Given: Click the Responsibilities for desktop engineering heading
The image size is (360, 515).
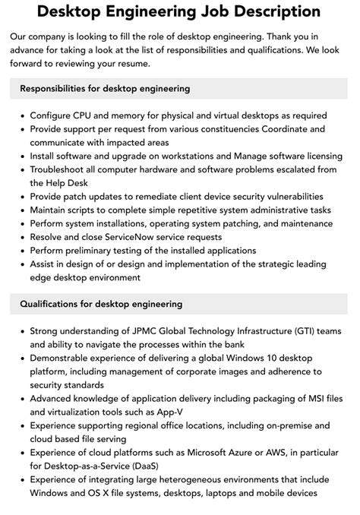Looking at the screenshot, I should click(x=105, y=89).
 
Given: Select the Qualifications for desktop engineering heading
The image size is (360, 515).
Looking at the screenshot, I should click(x=101, y=304).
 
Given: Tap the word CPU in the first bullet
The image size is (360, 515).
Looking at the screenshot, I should click(x=83, y=115).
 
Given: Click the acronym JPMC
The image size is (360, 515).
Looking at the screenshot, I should click(x=141, y=331).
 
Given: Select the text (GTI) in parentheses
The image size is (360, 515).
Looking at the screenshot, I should click(x=303, y=331).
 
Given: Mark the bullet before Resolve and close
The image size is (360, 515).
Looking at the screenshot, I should click(x=20, y=237).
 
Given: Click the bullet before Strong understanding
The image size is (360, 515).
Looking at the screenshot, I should click(x=20, y=331).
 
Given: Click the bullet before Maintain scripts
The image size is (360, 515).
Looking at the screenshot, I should click(x=20, y=210).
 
